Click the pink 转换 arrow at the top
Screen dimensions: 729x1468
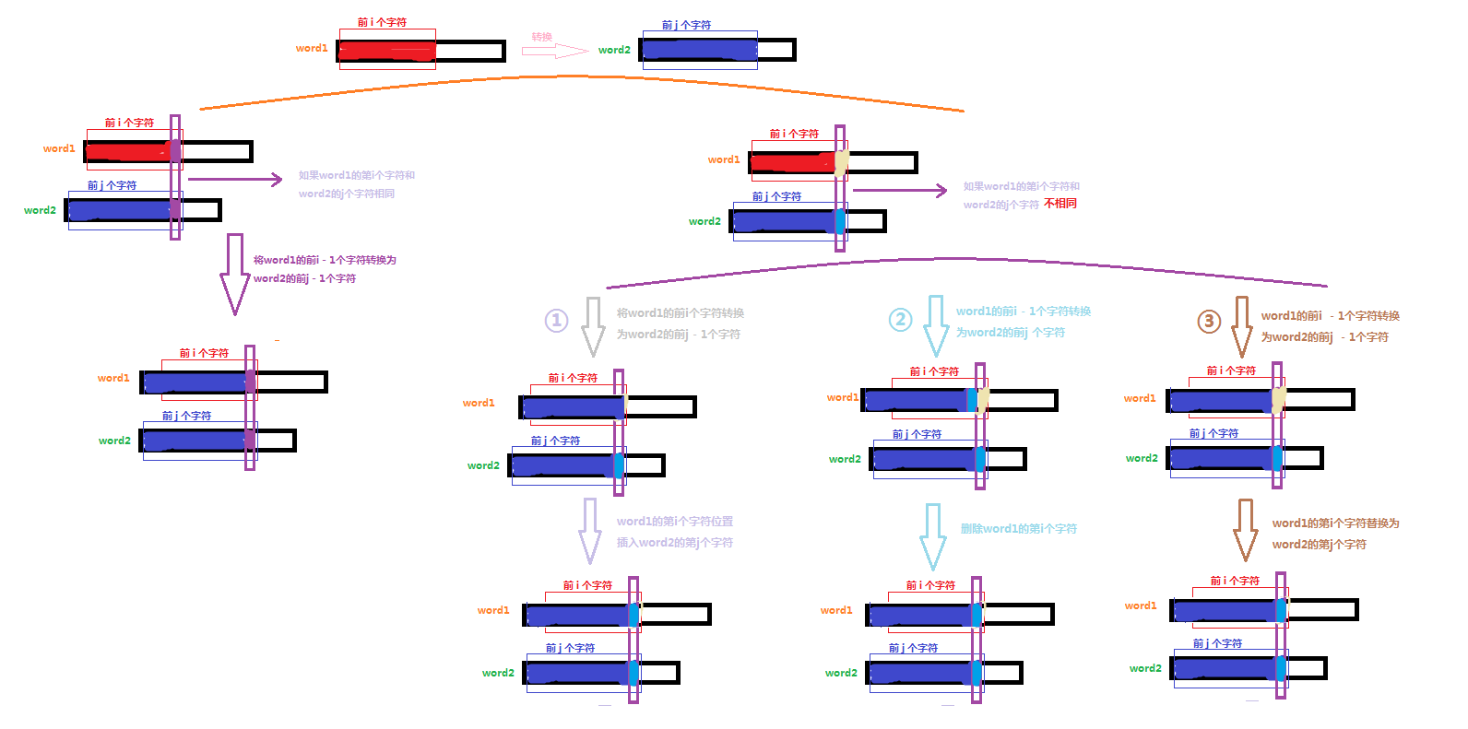[554, 51]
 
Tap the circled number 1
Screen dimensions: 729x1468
[557, 320]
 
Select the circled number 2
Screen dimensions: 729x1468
[900, 319]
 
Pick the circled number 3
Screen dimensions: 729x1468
[1209, 321]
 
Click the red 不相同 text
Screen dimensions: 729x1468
[1060, 204]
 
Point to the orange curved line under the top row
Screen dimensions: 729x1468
[581, 76]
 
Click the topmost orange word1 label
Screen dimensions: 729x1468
[312, 48]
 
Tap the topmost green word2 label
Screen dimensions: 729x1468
[614, 50]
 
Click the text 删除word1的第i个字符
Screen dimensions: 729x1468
[1018, 529]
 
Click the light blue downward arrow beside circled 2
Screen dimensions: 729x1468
[936, 325]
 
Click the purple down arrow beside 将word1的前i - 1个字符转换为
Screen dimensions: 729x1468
[234, 274]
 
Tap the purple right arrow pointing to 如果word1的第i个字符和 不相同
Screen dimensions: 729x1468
[899, 191]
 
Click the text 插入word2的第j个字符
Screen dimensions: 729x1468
[674, 543]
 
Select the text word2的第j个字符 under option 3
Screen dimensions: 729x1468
[1319, 545]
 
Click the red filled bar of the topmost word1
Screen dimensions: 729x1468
[386, 52]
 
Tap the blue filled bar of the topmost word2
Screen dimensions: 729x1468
[700, 50]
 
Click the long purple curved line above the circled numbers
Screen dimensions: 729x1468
[968, 260]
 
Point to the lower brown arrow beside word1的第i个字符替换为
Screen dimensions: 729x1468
[1246, 529]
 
